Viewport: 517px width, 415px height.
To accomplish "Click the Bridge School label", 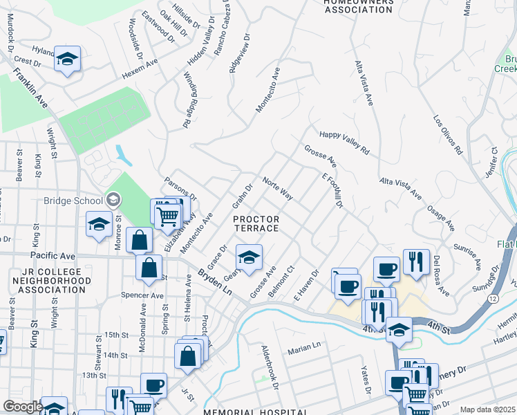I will [x=73, y=201].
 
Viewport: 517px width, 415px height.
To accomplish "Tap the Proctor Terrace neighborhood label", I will [x=256, y=223].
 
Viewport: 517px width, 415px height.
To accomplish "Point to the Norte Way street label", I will [x=278, y=189].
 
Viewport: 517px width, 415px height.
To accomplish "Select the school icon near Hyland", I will [x=68, y=59].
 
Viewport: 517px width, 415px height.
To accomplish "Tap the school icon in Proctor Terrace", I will [x=250, y=258].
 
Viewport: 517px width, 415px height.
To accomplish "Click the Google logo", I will [x=23, y=407].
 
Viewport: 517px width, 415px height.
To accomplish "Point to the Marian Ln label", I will [x=305, y=344].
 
